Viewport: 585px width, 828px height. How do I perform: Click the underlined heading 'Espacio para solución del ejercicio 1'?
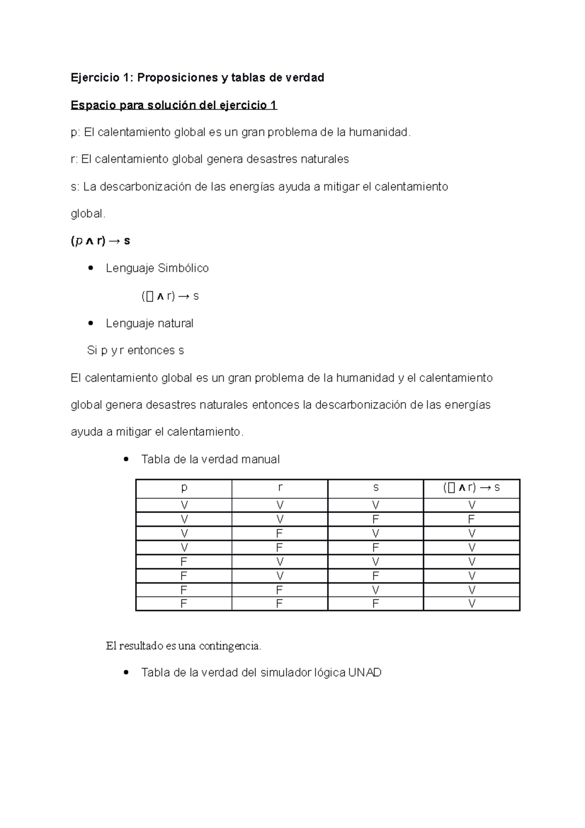point(174,105)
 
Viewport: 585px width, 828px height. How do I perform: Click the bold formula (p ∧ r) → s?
point(100,241)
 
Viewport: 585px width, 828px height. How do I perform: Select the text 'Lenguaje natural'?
point(149,323)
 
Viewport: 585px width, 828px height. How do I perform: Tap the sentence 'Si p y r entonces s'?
point(135,350)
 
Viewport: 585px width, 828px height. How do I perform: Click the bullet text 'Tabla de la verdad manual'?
point(210,459)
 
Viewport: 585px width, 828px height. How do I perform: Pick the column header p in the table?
point(184,488)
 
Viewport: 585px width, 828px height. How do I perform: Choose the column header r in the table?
point(280,488)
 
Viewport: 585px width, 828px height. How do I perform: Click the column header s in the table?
point(375,488)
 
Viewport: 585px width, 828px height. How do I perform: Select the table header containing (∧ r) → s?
point(471,488)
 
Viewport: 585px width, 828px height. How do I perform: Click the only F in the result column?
point(471,519)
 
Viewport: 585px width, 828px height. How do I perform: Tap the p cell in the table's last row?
point(184,604)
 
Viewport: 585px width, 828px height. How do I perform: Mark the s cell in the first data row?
point(375,505)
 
